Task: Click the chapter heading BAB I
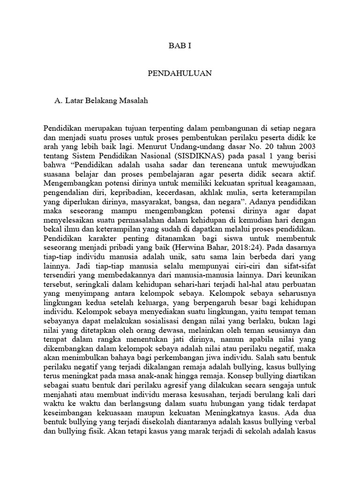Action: [x=180, y=46]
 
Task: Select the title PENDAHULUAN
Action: [x=180, y=73]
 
